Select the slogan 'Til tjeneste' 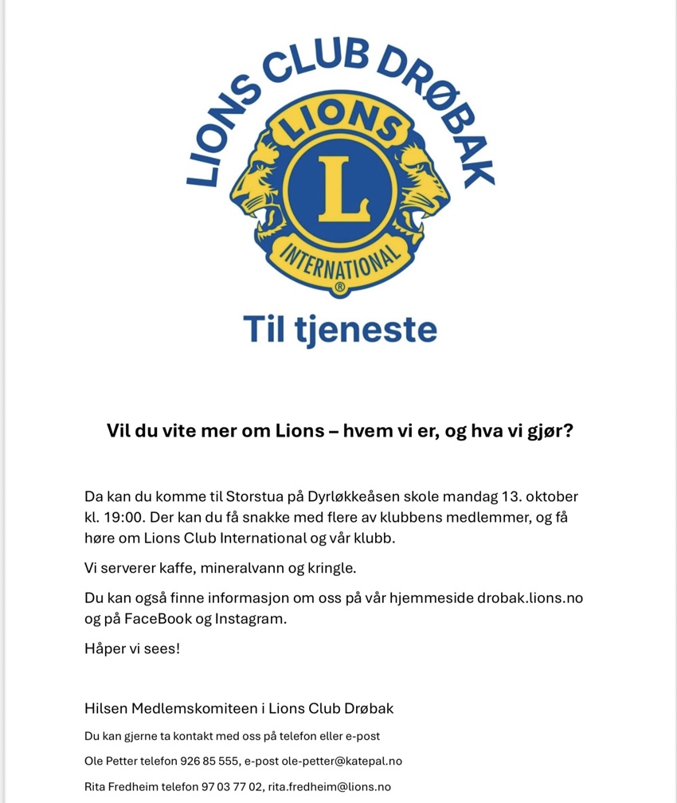point(340,328)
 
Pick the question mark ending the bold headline point(568,431)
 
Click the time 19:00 point(127,517)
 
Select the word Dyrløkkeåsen point(350,497)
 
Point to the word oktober point(550,497)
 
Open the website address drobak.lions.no point(530,598)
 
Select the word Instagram point(249,619)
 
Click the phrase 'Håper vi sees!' point(132,649)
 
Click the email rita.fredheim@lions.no point(330,787)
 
